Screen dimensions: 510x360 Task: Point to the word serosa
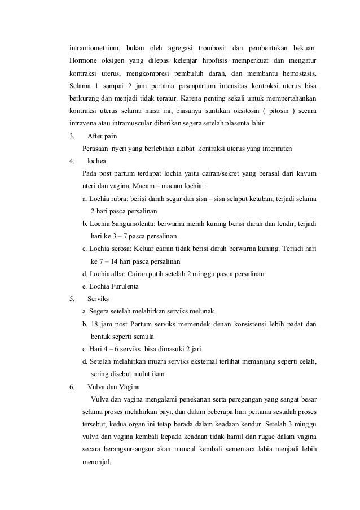click(118, 249)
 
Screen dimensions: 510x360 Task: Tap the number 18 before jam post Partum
click(94, 324)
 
